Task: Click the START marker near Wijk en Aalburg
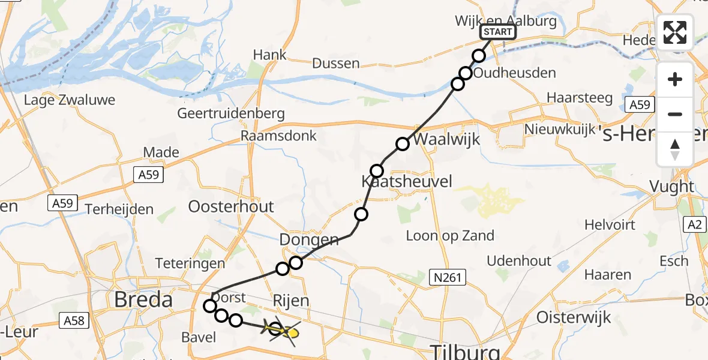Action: (498, 32)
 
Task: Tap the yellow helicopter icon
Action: (283, 331)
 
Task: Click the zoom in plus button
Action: (675, 80)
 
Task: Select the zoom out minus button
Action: (675, 114)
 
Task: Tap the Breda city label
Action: (143, 299)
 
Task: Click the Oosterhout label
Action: (231, 207)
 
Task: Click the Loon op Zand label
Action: (450, 235)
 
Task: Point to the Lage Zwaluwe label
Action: (69, 100)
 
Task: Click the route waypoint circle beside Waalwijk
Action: (403, 144)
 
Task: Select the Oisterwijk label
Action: (574, 317)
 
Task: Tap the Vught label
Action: (672, 187)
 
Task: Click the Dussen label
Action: (337, 63)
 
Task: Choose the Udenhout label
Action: (519, 260)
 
